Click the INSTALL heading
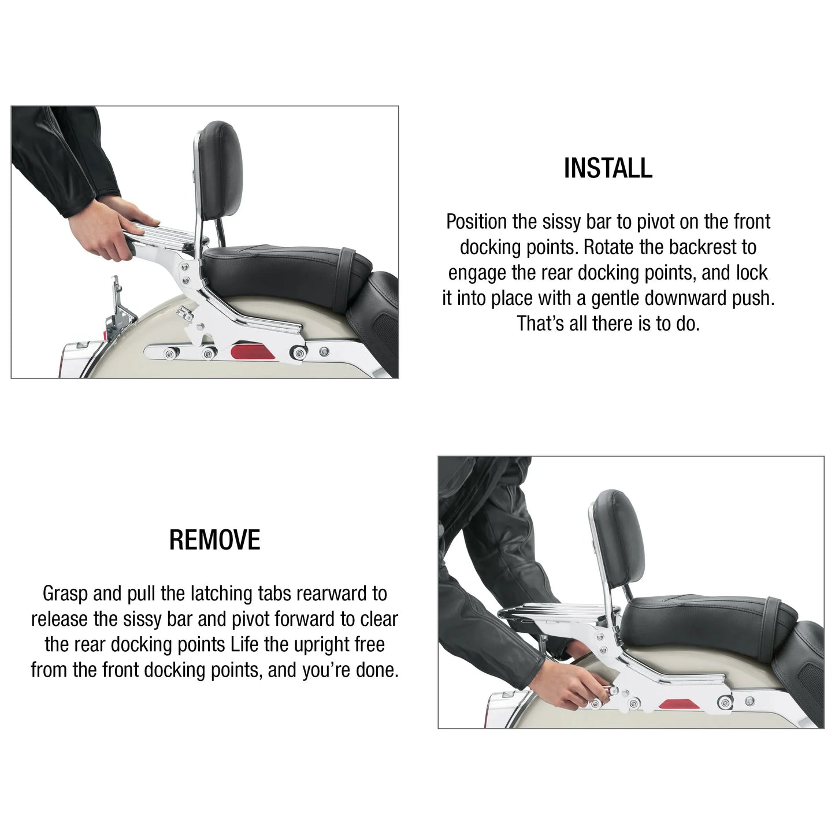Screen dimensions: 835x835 point(608,168)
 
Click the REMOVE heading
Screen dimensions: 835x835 point(214,540)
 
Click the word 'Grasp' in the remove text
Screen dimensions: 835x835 point(66,593)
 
